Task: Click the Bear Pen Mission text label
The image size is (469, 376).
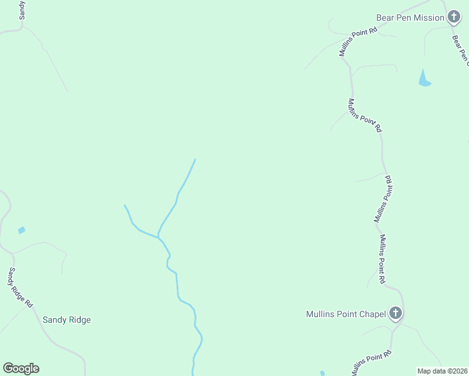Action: (410, 18)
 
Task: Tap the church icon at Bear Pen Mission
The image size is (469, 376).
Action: (454, 18)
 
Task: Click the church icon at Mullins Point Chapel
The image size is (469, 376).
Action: (395, 313)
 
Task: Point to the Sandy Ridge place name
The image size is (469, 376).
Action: (66, 320)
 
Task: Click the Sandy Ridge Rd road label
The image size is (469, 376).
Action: (19, 286)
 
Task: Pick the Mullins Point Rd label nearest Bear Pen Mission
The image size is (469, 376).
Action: (358, 41)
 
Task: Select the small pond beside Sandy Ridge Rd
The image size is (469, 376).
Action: (22, 230)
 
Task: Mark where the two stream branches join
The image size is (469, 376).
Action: (158, 236)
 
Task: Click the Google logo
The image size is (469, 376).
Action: (21, 368)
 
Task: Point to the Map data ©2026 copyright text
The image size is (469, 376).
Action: (442, 371)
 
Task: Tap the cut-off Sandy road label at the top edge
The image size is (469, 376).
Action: (23, 9)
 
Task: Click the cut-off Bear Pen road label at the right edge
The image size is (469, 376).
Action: (461, 48)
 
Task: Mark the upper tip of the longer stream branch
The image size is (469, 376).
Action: (195, 160)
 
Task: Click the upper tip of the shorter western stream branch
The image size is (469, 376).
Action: (125, 206)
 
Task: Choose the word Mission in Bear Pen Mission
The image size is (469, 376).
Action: (429, 18)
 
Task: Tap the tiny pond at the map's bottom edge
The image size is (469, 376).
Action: (322, 373)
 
